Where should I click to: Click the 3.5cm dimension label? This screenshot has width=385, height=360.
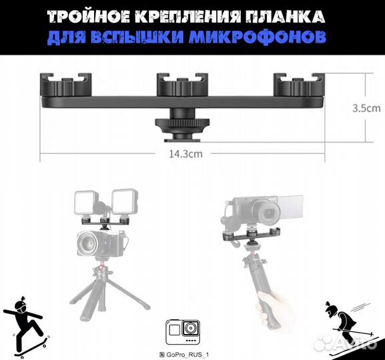click(x=366, y=106)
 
